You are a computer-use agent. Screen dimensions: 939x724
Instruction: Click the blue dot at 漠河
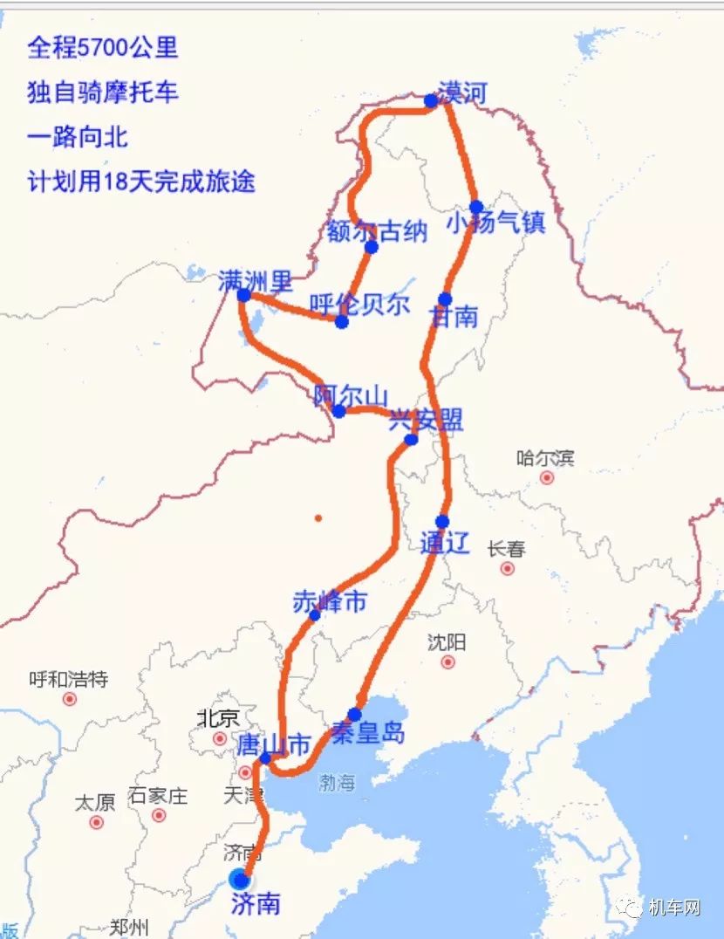[x=431, y=101]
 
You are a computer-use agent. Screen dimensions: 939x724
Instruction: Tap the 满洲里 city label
[x=256, y=281]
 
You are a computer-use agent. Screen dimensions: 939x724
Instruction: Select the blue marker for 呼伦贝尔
[x=342, y=322]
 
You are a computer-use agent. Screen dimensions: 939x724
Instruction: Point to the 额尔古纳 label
[x=377, y=231]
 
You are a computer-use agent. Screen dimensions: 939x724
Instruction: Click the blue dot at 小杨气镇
[x=476, y=208]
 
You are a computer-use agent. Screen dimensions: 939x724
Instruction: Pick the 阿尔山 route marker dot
[x=338, y=411]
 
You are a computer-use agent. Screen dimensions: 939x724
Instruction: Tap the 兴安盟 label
[x=426, y=421]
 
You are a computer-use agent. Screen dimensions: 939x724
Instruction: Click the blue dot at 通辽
[x=442, y=522]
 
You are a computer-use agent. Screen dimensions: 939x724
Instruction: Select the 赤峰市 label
[x=330, y=601]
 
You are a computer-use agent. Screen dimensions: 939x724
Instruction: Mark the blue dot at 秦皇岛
[x=354, y=715]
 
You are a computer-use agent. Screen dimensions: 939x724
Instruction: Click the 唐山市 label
[x=273, y=745]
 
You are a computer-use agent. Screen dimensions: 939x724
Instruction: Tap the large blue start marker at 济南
[x=238, y=878]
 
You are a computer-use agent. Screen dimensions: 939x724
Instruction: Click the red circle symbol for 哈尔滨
[x=547, y=478]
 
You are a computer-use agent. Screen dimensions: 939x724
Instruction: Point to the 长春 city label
[x=507, y=549]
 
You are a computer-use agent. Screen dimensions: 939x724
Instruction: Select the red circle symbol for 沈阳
[x=448, y=662]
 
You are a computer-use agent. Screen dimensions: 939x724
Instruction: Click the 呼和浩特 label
[x=68, y=679]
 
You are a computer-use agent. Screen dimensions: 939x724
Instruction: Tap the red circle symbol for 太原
[x=96, y=822]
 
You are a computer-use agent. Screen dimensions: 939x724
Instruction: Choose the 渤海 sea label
[x=337, y=783]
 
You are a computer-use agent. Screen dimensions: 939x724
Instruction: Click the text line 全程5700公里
[x=103, y=47]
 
